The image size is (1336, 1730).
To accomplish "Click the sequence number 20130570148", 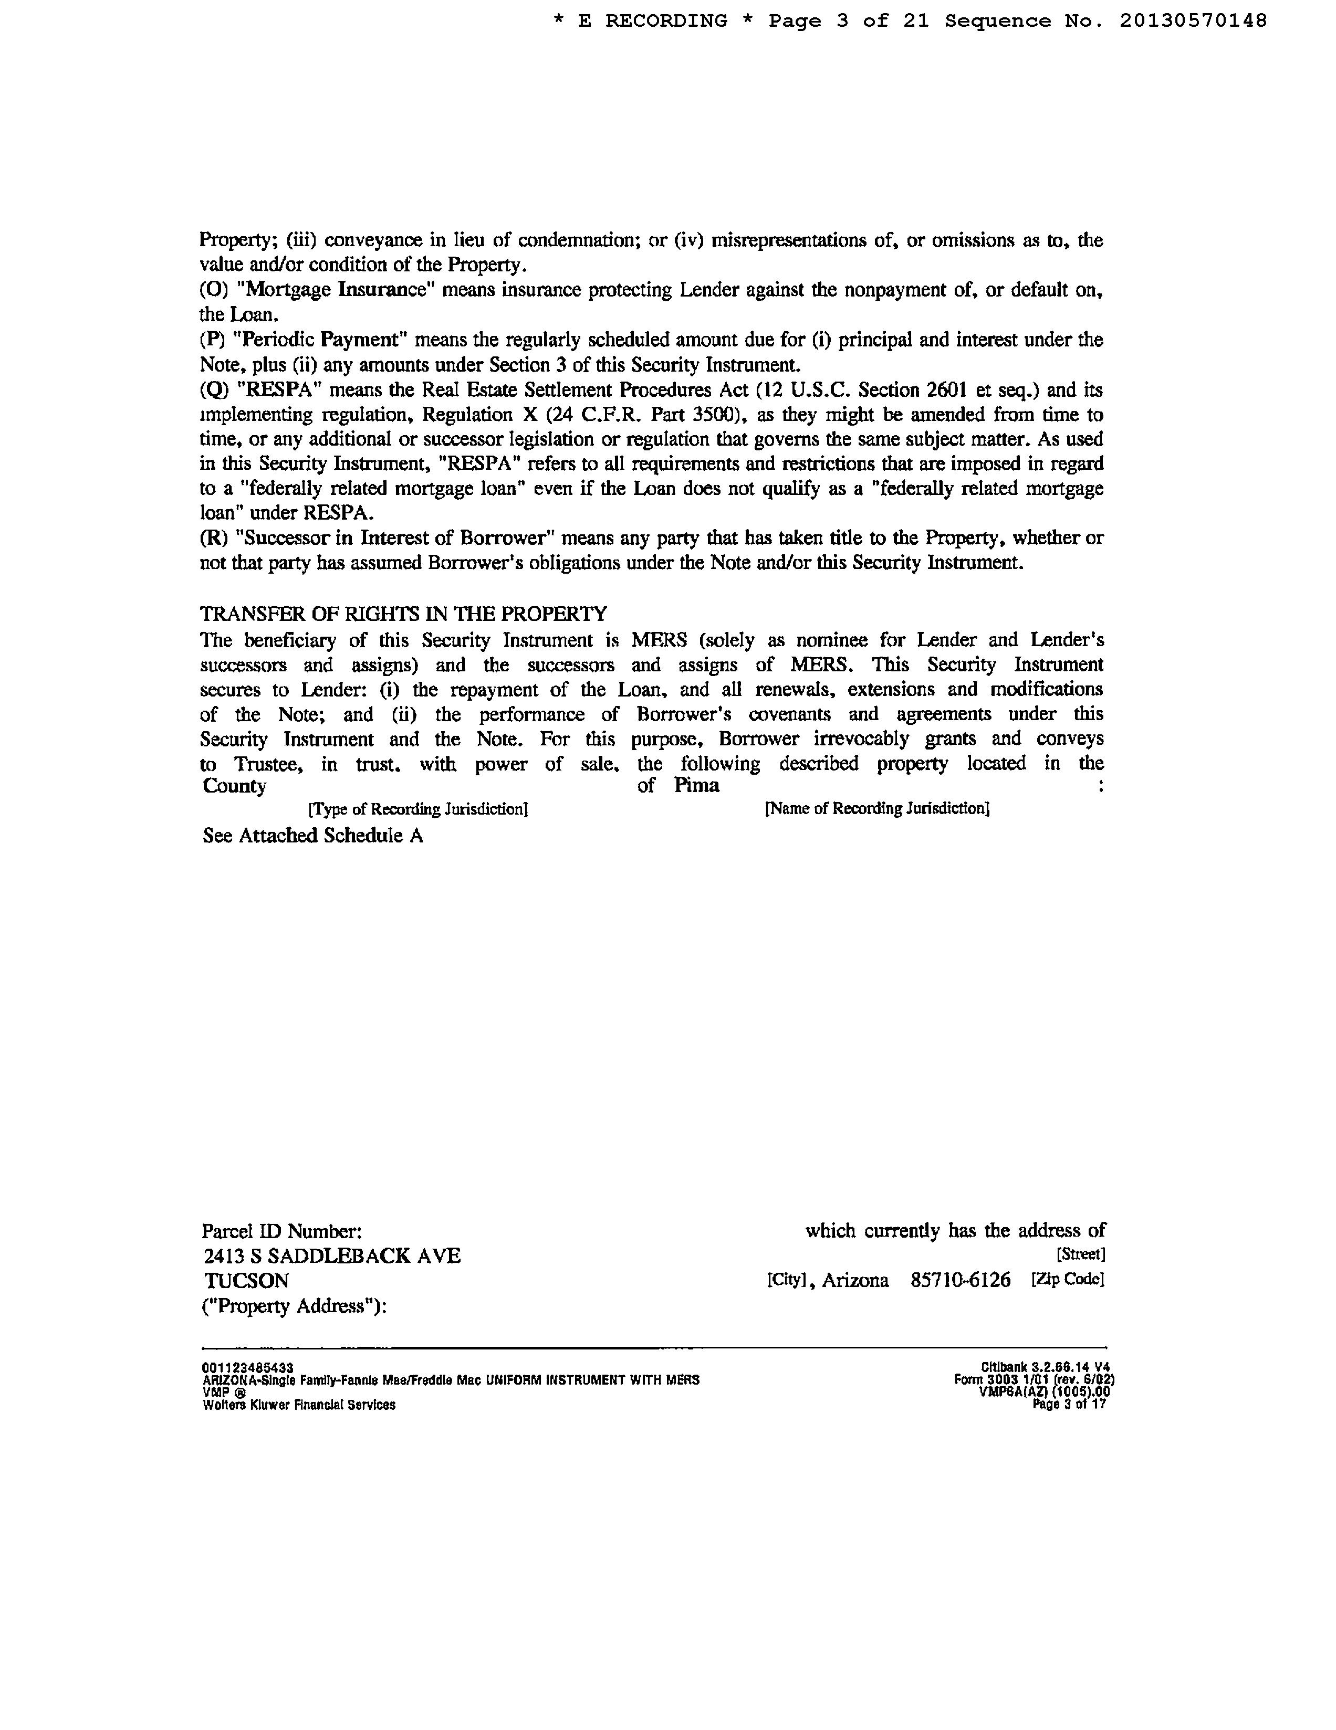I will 1193,22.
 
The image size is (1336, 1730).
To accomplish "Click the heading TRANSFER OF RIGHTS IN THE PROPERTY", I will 403,614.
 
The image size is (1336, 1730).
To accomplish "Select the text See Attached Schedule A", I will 313,836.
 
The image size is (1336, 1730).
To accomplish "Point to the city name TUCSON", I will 246,1281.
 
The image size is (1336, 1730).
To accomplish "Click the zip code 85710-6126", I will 961,1280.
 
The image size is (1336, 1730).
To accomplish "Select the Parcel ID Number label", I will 282,1231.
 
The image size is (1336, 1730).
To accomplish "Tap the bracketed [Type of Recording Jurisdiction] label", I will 417,809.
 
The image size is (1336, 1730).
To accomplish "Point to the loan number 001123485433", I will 248,1368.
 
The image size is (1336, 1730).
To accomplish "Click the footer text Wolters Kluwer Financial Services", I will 299,1405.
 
